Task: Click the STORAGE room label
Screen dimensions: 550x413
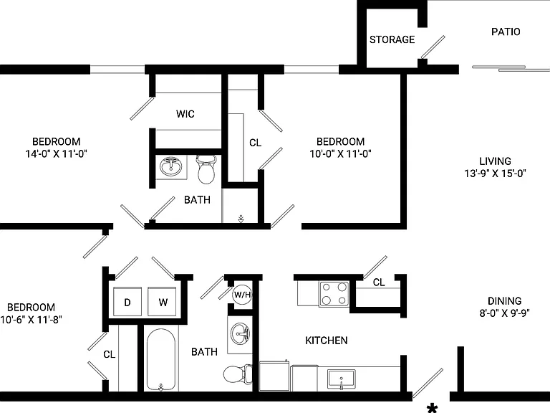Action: (x=392, y=39)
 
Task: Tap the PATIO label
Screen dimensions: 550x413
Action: (x=506, y=32)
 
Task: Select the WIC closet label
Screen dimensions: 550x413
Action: (x=185, y=114)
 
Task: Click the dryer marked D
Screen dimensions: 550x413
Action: (x=127, y=302)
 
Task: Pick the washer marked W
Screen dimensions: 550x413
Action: (x=163, y=302)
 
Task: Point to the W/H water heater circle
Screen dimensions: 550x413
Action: (x=242, y=294)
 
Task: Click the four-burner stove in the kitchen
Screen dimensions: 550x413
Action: (x=334, y=294)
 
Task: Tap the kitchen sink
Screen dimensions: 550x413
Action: (x=341, y=379)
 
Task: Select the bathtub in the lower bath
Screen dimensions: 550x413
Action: (x=160, y=360)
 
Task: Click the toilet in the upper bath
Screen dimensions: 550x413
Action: (x=206, y=169)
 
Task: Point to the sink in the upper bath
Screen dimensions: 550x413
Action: (x=171, y=166)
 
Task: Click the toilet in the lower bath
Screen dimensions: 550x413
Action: (x=238, y=374)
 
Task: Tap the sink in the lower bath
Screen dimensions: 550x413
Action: (x=241, y=333)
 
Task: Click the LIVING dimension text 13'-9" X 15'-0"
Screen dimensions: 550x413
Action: (x=495, y=173)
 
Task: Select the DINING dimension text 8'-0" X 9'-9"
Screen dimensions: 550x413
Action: (x=504, y=313)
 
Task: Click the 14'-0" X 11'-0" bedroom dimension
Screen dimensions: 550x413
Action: (x=56, y=153)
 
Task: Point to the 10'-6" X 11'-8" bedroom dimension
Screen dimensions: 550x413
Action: (x=32, y=319)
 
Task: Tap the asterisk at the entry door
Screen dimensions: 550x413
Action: (x=432, y=409)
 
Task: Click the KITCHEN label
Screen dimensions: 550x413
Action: (x=327, y=341)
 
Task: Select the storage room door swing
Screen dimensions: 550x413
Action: (x=433, y=47)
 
